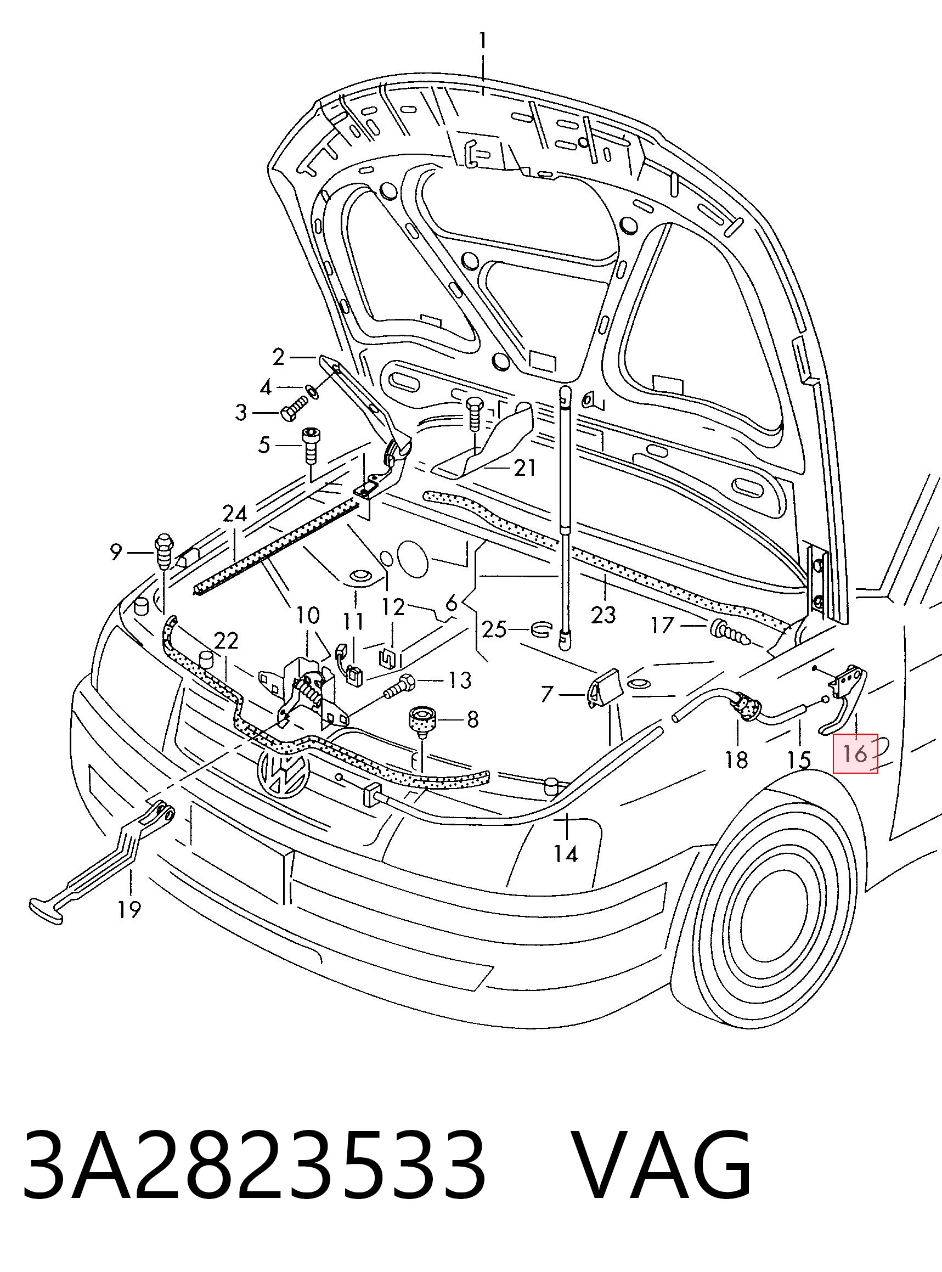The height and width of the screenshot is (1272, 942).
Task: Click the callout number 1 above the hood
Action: [x=483, y=42]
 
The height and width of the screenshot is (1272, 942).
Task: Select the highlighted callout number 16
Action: [x=855, y=753]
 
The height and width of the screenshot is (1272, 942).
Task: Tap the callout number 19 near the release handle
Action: [x=129, y=909]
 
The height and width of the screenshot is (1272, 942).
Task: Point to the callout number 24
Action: [x=235, y=514]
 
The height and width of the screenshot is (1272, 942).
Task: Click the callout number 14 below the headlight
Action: [x=566, y=854]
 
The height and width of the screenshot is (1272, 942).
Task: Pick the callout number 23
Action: [x=604, y=615]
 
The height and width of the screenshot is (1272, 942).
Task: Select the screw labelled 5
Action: [x=311, y=445]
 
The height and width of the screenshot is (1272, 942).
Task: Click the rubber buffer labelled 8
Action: [x=421, y=721]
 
